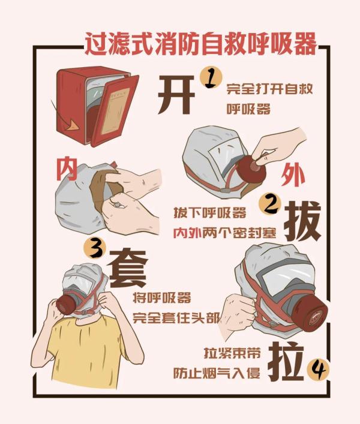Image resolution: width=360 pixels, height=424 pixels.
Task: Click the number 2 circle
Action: click(x=271, y=205)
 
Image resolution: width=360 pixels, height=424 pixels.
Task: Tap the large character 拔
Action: click(x=302, y=221)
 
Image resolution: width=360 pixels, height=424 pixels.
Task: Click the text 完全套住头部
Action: click(x=176, y=317)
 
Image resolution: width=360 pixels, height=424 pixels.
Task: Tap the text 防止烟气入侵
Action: click(x=217, y=372)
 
